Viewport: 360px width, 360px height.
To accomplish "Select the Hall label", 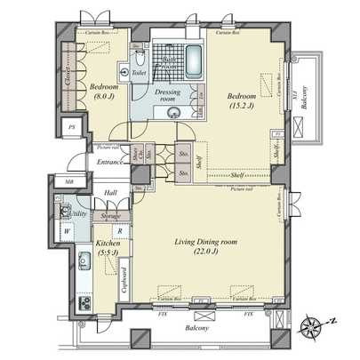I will click(x=110, y=193).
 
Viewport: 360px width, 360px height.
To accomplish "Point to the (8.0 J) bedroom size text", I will click(x=105, y=98).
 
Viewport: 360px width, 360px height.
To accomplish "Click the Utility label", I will click(x=76, y=214).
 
